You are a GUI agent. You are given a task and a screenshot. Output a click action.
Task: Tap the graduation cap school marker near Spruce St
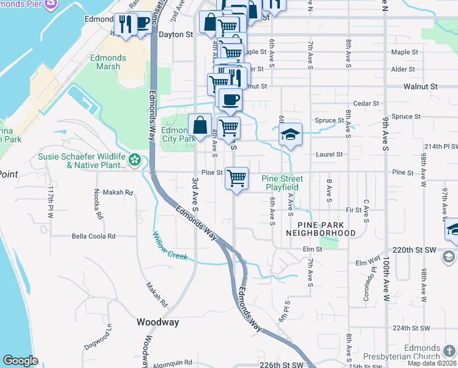291,134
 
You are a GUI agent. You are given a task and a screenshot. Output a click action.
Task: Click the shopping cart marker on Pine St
236,178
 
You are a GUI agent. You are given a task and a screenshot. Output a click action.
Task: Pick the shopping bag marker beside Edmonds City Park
200,125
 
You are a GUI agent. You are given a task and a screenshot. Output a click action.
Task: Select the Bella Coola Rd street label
94,236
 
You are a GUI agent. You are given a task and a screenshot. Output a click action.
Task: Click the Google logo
21,361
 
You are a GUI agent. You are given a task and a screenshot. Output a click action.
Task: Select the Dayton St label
176,35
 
